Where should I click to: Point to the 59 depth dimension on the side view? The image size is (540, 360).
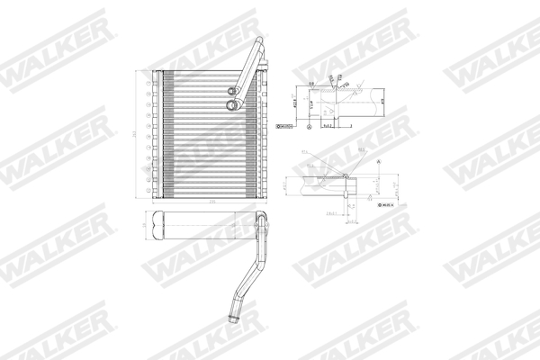[x=143, y=222]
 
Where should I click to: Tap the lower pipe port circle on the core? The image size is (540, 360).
[x=232, y=106]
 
